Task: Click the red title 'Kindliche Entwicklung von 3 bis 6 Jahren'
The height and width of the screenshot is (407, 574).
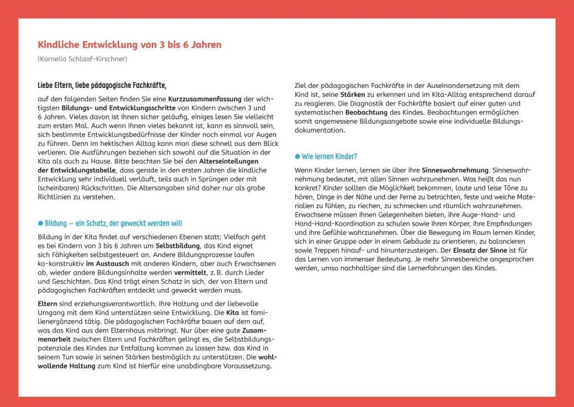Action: pyautogui.click(x=129, y=45)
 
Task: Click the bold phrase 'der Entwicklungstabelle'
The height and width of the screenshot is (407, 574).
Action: pyautogui.click(x=77, y=171)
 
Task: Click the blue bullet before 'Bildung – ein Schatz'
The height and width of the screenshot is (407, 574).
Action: pyautogui.click(x=40, y=223)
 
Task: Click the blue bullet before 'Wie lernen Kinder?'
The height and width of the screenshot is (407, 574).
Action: pyautogui.click(x=297, y=156)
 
